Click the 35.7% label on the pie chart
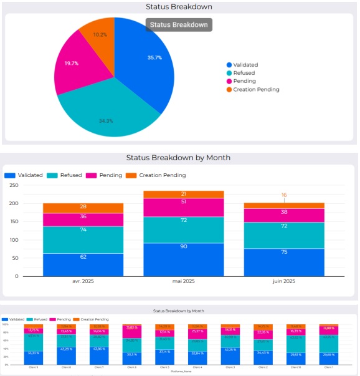point(154,57)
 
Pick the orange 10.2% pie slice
point(100,35)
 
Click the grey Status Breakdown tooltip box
point(179,24)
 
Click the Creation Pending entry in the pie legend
point(252,89)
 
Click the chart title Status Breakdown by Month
point(178,158)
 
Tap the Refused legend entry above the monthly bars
point(65,175)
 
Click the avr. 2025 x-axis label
point(83,281)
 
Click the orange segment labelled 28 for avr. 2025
point(83,207)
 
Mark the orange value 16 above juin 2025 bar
point(284,195)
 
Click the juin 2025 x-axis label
point(284,281)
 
